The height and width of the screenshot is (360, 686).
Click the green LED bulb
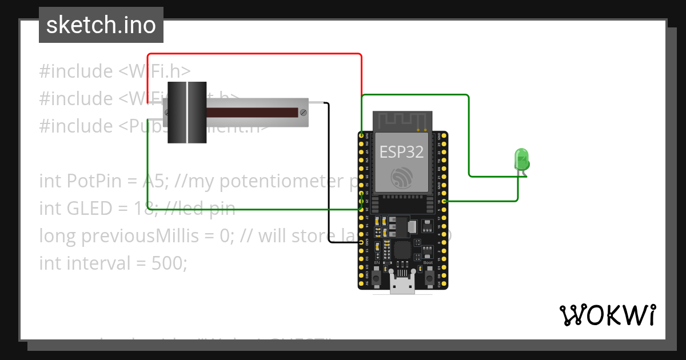click(521, 158)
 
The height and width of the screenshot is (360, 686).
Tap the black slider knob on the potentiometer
click(187, 112)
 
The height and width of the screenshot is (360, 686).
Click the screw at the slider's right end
click(303, 112)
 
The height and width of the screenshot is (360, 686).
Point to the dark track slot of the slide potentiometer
click(252, 112)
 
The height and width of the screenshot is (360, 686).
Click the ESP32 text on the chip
click(402, 152)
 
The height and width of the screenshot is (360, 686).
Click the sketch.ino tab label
click(101, 25)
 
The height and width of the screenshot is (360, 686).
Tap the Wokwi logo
click(607, 315)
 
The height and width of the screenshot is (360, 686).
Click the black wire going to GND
click(330, 171)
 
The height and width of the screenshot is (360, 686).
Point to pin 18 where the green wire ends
click(444, 201)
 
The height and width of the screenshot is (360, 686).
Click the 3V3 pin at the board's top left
click(361, 136)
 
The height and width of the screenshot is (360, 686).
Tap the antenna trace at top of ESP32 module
click(402, 120)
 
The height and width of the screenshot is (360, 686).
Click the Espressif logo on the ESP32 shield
click(402, 177)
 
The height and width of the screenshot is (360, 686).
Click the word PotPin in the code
click(94, 181)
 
